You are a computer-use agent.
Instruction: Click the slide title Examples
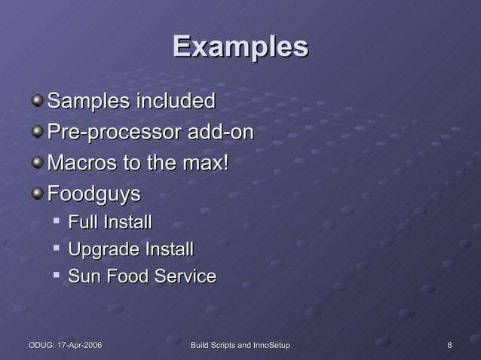(x=240, y=47)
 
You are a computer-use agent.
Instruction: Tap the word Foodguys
(x=94, y=194)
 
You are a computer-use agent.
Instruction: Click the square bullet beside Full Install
(x=57, y=221)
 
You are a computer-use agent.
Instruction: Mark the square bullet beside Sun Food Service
(x=57, y=276)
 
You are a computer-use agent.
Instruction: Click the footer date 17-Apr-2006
(x=78, y=345)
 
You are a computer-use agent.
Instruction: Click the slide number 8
(x=450, y=345)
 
